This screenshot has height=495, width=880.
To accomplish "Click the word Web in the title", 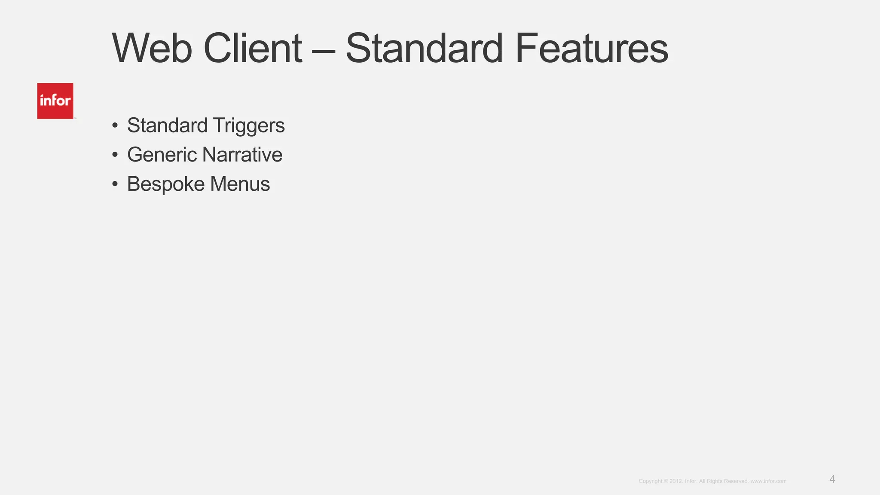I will point(152,49).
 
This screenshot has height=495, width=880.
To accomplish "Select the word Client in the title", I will point(253,49).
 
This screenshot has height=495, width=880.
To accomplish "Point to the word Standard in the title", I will point(424,49).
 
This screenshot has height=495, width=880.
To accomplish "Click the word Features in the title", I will point(591,49).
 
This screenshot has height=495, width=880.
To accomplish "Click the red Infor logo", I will point(55,101).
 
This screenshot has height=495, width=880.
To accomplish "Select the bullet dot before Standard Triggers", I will point(115,126).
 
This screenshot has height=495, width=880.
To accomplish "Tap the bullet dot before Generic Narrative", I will point(115,155).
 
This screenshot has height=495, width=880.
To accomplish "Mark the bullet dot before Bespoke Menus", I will point(115,184).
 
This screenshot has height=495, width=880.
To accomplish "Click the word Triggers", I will point(248,126).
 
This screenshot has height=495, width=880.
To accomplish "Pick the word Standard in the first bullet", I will point(167,126).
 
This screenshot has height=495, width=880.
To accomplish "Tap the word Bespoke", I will point(165,184).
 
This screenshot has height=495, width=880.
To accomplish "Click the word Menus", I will point(240,184).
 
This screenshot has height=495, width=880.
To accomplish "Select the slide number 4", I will point(832,480).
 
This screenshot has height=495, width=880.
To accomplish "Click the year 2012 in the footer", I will point(675,481).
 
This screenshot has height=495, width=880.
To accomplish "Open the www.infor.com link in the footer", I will point(768,481).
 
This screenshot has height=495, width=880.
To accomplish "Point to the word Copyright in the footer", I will point(651,481).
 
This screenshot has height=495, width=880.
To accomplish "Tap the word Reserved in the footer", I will point(736,481).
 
